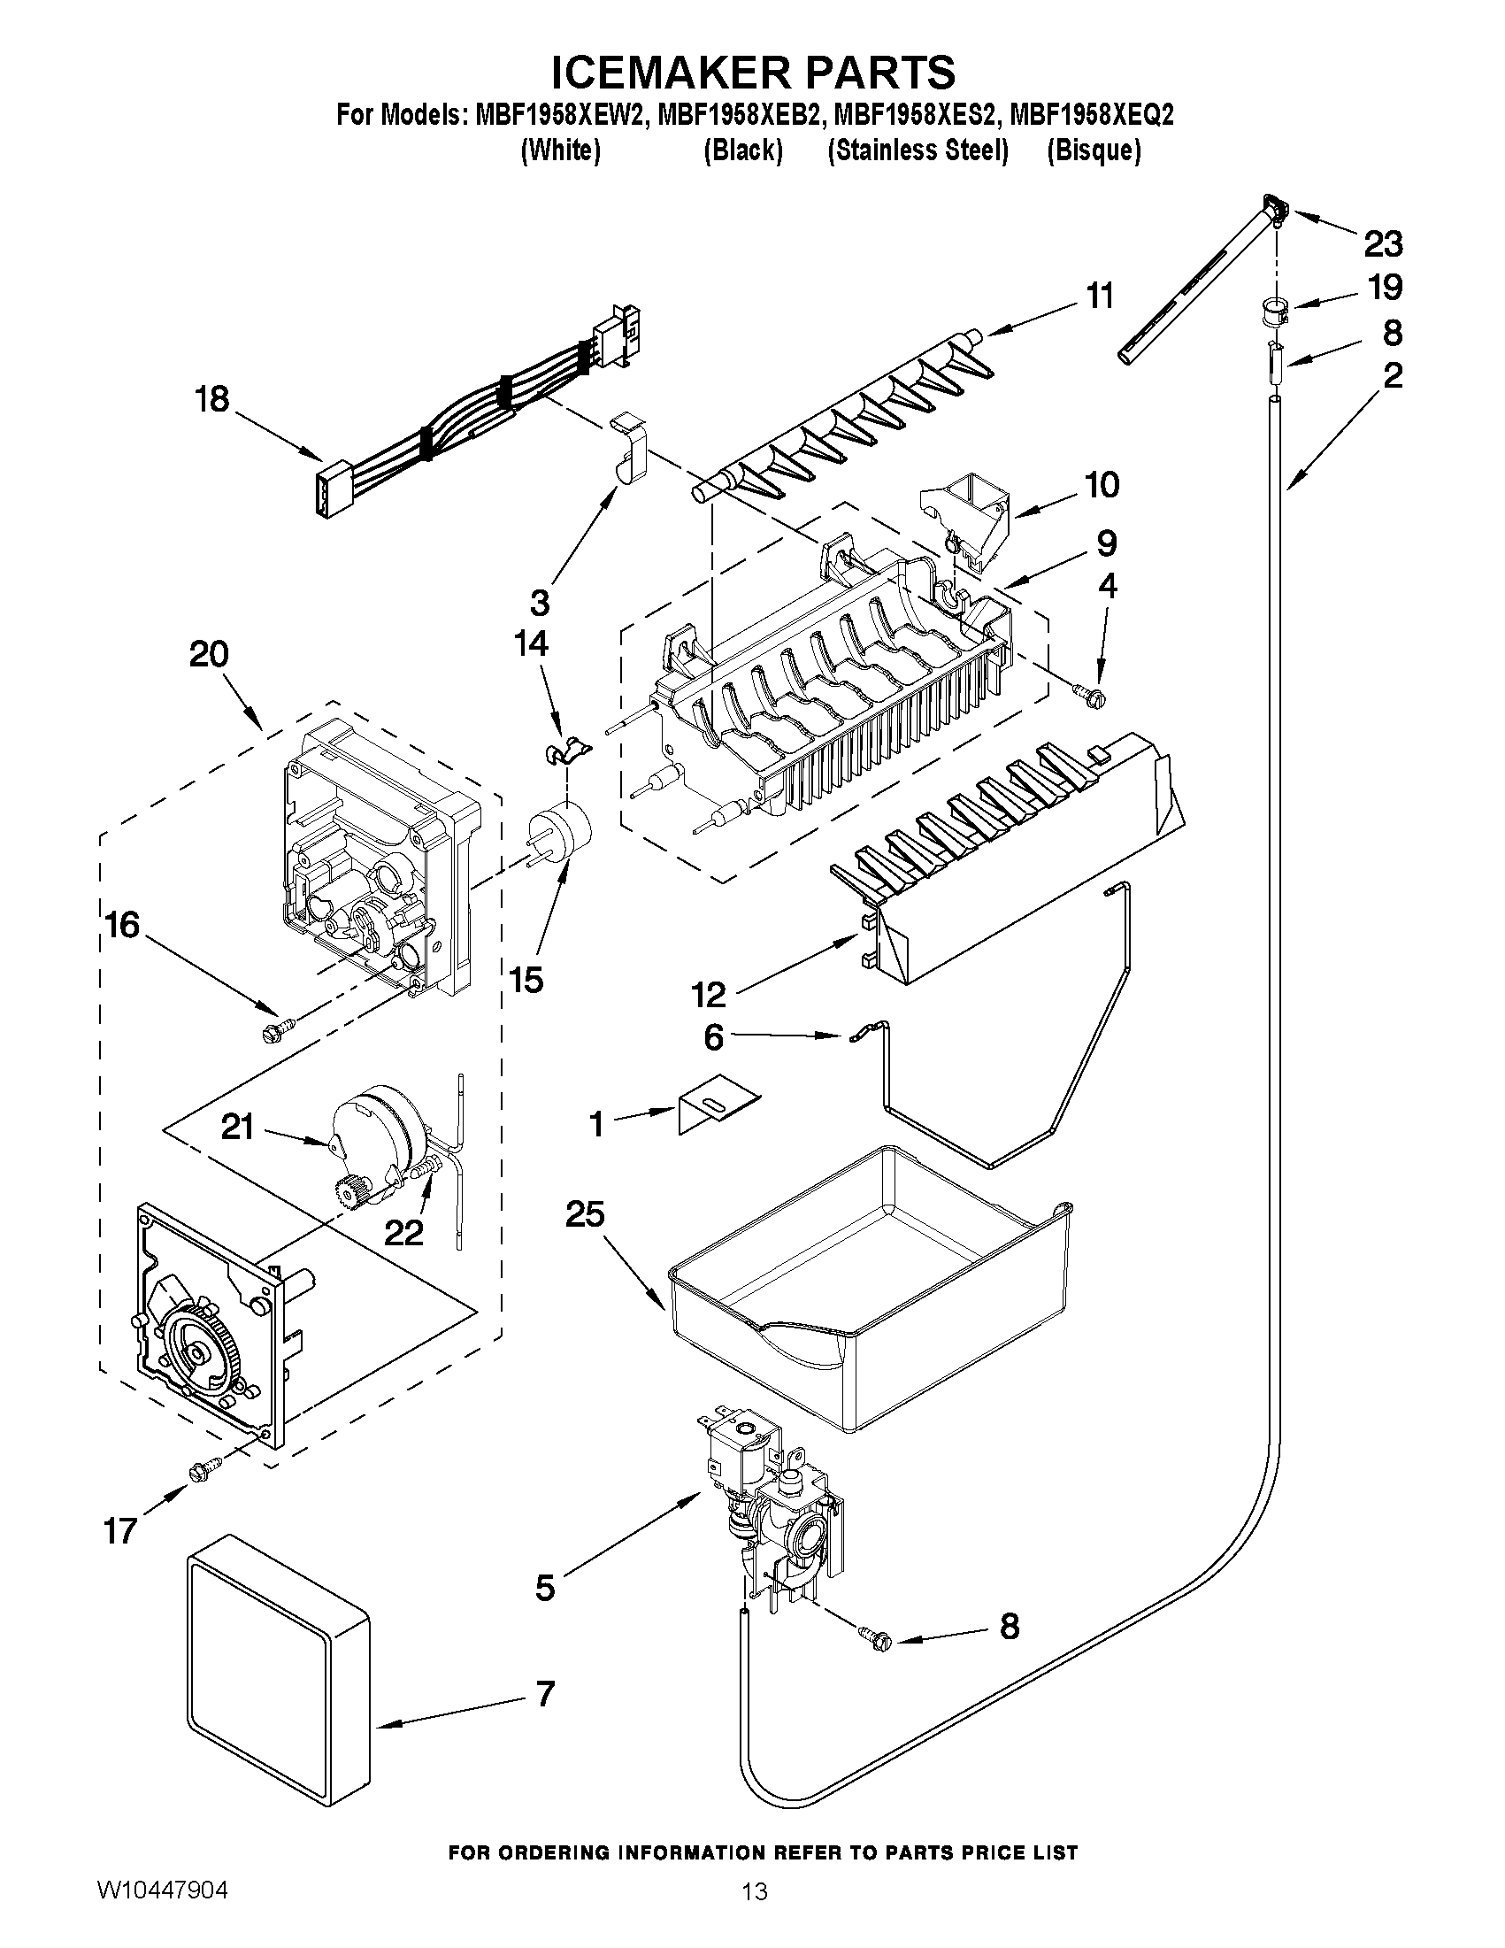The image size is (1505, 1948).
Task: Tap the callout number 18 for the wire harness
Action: click(212, 399)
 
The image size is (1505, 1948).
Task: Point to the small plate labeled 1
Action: click(718, 1108)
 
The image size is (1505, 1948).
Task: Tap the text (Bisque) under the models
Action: click(1093, 150)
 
